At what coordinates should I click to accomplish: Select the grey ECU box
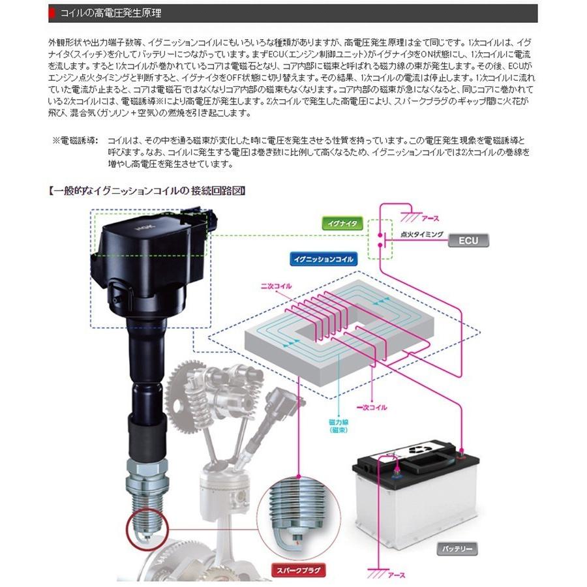click(468, 241)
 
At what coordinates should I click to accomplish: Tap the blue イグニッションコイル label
click(324, 259)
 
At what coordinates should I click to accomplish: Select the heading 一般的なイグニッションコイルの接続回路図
click(147, 191)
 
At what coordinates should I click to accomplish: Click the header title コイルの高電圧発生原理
click(110, 12)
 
